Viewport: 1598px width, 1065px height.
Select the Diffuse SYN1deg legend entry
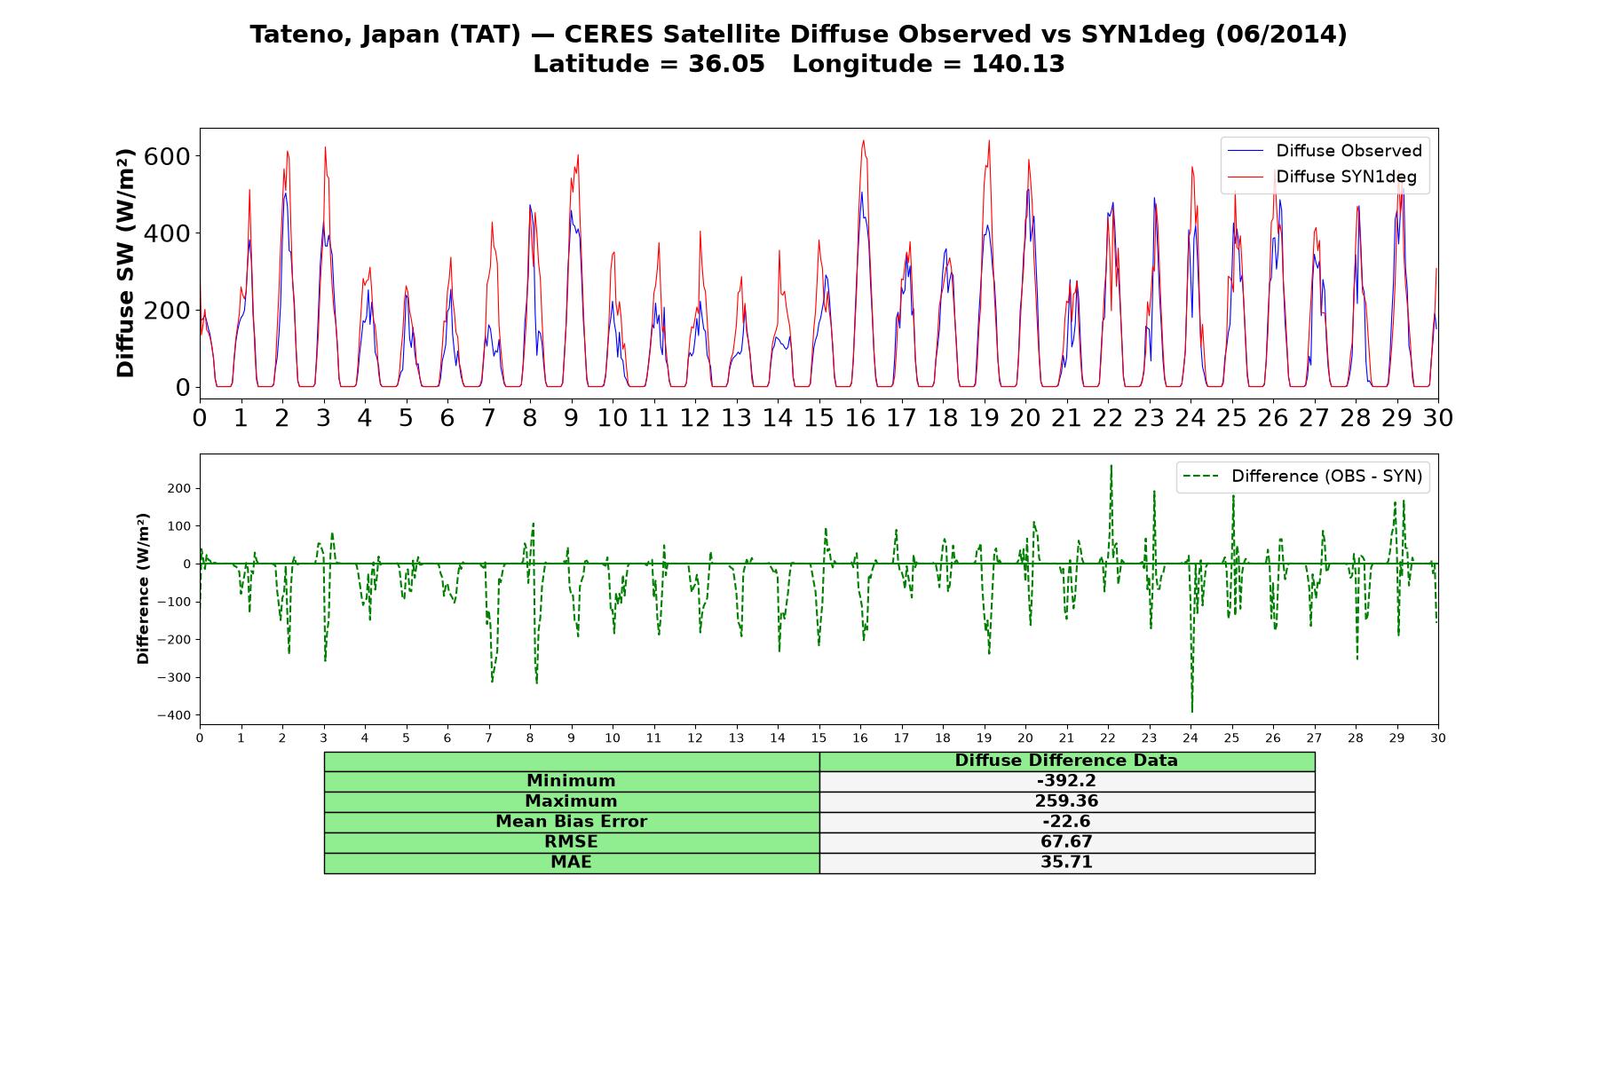tap(1322, 177)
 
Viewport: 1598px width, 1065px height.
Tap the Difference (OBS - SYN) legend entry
tap(1303, 477)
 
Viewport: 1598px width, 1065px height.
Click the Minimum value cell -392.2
tap(1066, 781)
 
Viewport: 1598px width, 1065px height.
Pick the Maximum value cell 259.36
tap(1066, 801)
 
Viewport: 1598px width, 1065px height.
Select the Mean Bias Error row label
tap(571, 822)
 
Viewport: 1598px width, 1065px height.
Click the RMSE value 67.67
tap(1066, 842)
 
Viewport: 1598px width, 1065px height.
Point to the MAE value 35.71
tap(1066, 863)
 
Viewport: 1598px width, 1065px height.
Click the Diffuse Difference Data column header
tap(1066, 761)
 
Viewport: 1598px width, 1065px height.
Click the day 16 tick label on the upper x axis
tap(859, 418)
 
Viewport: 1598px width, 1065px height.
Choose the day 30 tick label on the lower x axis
tap(1438, 738)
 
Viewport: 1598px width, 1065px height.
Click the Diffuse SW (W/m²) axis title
tap(126, 263)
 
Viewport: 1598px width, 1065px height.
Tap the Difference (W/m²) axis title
tap(143, 588)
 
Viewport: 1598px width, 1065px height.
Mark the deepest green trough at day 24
tap(1191, 712)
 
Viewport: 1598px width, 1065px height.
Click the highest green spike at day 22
tap(1111, 466)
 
